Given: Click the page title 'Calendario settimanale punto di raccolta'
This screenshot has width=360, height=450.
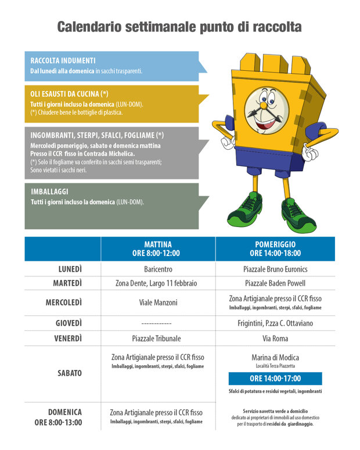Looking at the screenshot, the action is click(179, 27).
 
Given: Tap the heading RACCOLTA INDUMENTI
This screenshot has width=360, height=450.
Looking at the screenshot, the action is click(63, 60).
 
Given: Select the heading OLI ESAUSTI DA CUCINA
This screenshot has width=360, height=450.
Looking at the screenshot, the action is click(69, 94).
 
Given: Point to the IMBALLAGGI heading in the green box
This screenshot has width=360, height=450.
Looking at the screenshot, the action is click(50, 192).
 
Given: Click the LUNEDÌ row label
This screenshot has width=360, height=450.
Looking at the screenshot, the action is click(70, 269).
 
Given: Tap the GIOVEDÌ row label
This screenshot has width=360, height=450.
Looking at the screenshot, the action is click(69, 323).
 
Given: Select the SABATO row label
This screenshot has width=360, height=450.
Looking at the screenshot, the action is click(70, 373).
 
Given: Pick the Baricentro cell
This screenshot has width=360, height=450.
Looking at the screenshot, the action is click(158, 269).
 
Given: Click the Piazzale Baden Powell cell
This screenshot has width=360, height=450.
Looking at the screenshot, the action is click(275, 283).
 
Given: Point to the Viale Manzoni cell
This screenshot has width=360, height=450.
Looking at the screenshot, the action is click(158, 303).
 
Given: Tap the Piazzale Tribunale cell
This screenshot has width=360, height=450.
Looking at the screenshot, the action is click(156, 339).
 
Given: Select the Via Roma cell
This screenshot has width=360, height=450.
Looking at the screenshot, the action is click(275, 339).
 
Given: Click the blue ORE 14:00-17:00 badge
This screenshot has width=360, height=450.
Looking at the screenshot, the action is click(275, 379).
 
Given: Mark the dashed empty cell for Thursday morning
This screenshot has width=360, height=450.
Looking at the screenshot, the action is click(156, 324).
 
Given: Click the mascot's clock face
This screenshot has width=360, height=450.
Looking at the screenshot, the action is click(267, 110).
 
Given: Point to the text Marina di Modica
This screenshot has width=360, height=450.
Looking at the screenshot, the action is click(275, 357).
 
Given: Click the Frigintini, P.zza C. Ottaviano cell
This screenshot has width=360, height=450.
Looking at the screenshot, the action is click(275, 323).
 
